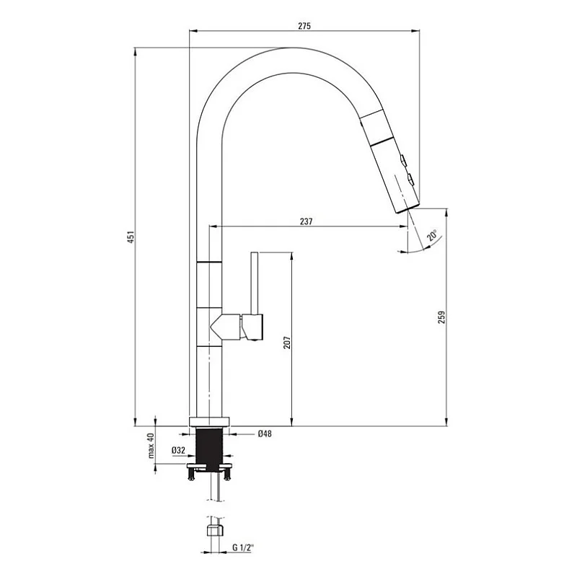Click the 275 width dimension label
coord(304,26)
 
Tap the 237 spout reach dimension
coord(306,221)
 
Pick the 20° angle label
coord(432,235)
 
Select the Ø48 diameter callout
coord(263,434)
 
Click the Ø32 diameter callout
coord(179,451)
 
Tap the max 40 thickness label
coord(152,446)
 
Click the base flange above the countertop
coord(209,423)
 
